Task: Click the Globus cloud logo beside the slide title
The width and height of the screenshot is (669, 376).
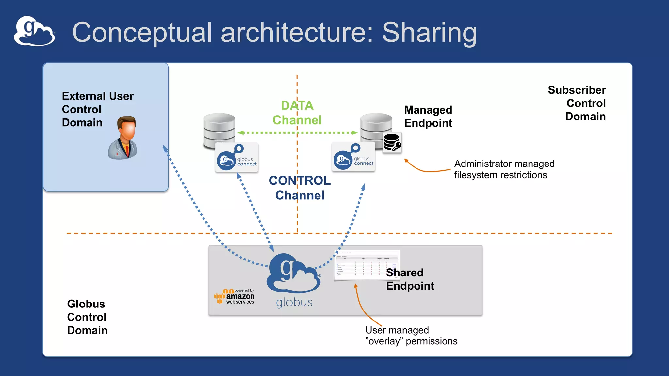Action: coord(34,31)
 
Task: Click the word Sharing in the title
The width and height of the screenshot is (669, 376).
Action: coord(429,33)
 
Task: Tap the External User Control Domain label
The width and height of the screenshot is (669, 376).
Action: coord(98,109)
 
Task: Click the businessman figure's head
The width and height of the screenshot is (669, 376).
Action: coord(127,128)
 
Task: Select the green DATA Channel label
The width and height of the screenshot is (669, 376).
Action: coord(297,113)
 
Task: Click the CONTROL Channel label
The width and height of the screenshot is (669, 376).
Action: coord(300,188)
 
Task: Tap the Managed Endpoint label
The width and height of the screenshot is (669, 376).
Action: coord(428,117)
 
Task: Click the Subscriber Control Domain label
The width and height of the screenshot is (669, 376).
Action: coord(577,103)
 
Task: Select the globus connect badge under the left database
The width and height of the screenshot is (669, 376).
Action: coord(237,158)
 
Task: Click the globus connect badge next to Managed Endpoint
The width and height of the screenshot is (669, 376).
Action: coord(353,157)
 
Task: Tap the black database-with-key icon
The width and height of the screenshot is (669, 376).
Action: coord(392,143)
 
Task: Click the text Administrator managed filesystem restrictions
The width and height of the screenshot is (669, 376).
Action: coord(504,169)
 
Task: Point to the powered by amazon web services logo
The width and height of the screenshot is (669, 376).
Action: coord(235,296)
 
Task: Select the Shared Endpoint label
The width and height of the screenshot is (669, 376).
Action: coord(410,279)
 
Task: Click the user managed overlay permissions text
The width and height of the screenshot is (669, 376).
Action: coord(411,336)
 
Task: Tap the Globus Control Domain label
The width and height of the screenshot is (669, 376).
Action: coord(87,317)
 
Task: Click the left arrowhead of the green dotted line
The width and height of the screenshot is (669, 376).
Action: coord(241,133)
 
